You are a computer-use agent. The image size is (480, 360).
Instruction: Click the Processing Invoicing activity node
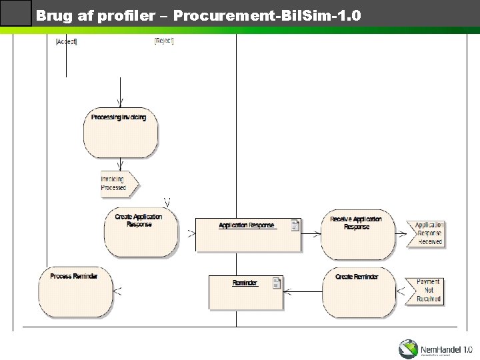point(121,132)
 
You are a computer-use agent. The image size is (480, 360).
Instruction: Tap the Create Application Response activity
point(140,231)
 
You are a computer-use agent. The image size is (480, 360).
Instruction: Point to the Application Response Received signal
point(427,233)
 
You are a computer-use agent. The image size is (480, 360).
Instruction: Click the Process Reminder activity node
point(75,291)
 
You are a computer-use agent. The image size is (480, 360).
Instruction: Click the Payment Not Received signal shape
point(425,291)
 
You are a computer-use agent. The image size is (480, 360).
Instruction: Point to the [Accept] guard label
point(66,42)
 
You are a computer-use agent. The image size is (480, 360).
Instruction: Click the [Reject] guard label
point(164,41)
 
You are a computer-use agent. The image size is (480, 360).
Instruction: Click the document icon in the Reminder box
point(277,283)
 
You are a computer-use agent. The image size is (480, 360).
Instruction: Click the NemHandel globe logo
point(409,349)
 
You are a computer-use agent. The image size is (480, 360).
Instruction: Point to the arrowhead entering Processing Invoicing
point(120,102)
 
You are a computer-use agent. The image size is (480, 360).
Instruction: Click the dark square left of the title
point(16,14)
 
